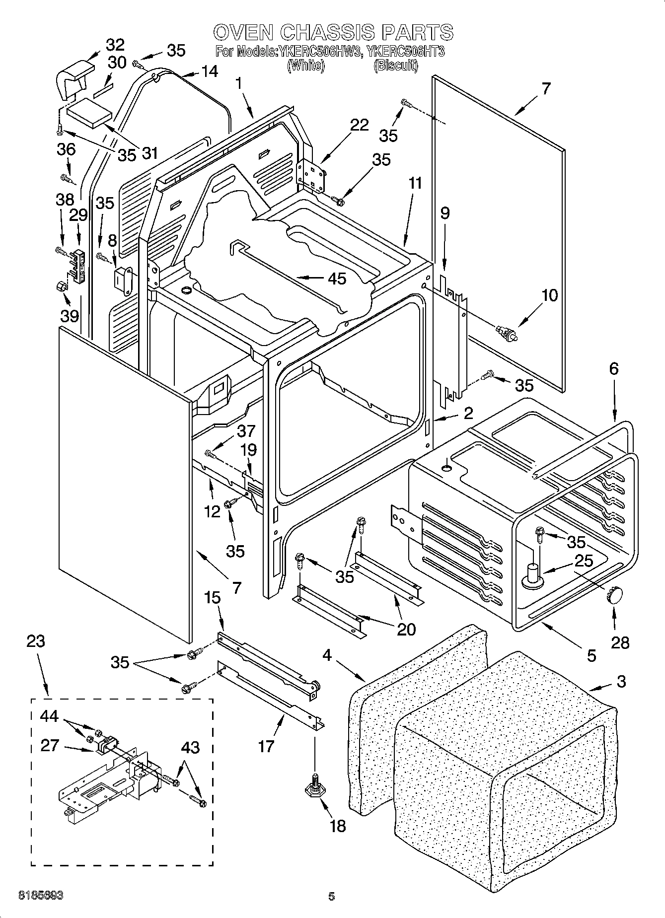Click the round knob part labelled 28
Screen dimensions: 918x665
point(614,594)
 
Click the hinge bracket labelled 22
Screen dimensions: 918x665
point(311,174)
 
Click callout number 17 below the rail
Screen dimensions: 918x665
point(266,745)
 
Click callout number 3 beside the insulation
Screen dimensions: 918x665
point(621,682)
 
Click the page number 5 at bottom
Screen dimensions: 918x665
point(332,896)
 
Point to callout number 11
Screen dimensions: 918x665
point(414,184)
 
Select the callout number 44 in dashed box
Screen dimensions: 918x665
point(49,716)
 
